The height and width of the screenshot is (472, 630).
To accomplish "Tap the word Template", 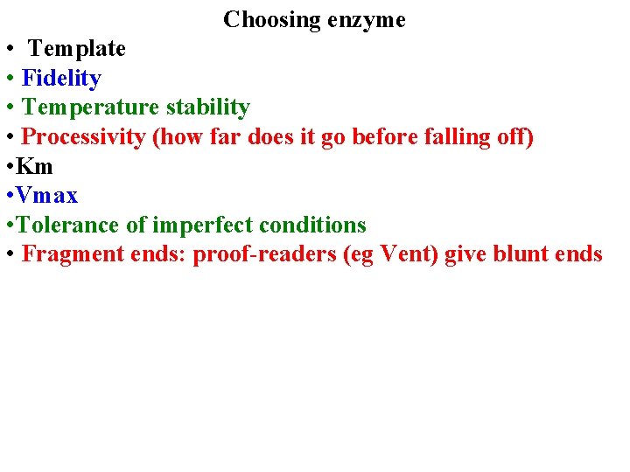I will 77,49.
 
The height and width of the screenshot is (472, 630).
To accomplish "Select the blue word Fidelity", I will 61,79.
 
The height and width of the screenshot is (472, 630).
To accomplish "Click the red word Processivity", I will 84,137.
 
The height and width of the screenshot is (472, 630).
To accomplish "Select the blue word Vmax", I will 47,196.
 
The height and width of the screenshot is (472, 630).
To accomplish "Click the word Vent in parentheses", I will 407,254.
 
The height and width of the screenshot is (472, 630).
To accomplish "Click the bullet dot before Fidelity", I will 8,79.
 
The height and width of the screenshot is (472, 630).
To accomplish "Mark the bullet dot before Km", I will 8,166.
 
